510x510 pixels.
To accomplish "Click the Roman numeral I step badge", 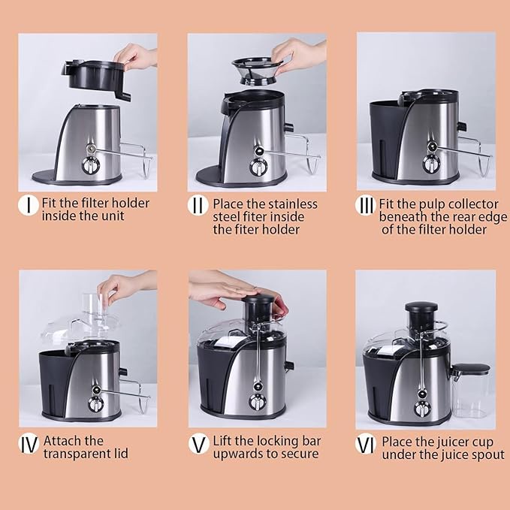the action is pos(29,205).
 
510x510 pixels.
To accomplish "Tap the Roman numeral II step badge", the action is pos(198,206).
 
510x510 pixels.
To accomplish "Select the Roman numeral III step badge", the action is pos(366,205).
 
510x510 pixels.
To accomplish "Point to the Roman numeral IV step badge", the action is pos(29,444).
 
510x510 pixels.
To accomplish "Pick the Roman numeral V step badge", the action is pos(199,444).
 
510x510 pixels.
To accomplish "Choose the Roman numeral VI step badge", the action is pos(366,444).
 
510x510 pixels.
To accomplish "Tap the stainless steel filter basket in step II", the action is pos(257,71).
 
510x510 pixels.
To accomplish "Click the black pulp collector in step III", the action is pos(388,140).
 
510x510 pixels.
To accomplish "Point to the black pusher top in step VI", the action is pos(421,307).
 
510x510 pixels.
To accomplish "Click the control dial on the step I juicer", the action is pos(90,165).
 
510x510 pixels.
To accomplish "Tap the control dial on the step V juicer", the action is pos(258,401).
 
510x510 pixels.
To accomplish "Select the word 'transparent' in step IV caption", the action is pos(77,454).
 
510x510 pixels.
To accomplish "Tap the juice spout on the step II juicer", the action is pos(289,127).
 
